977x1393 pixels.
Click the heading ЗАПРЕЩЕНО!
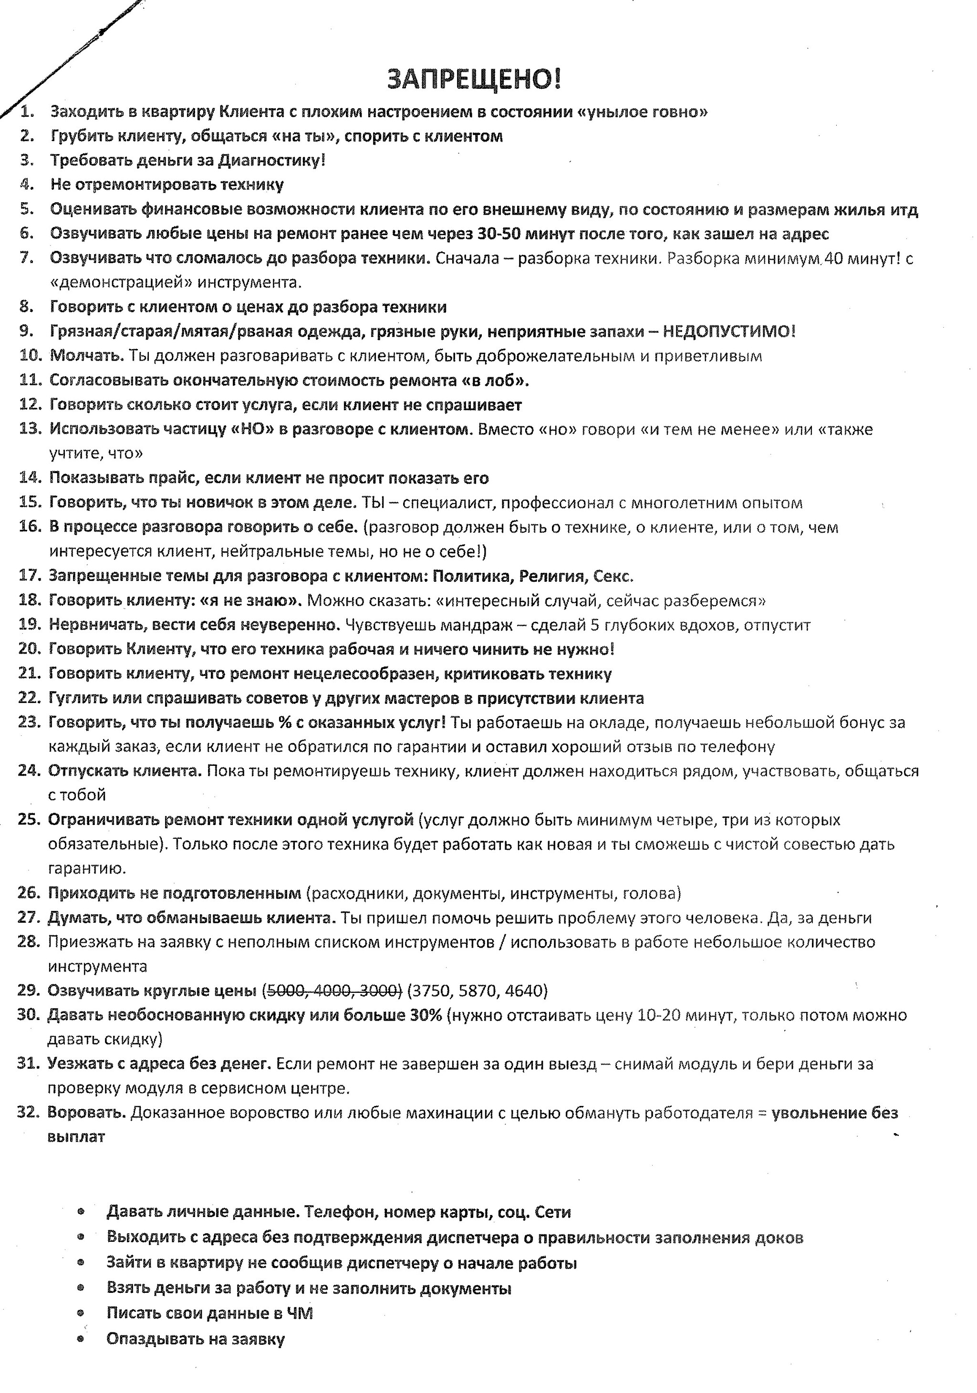click(474, 80)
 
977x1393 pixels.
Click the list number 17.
click(29, 575)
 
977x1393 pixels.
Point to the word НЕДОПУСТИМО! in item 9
click(728, 331)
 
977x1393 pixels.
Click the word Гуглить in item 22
click(77, 698)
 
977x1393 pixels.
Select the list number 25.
click(29, 820)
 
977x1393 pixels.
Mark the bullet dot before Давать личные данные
click(81, 1212)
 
